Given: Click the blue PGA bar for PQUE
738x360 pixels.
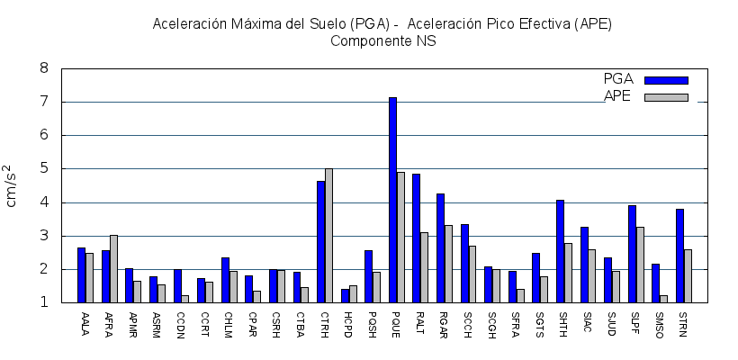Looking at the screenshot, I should click(392, 200).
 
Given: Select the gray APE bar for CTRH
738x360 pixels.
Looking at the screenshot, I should click(328, 236).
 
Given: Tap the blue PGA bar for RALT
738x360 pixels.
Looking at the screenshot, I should click(416, 238).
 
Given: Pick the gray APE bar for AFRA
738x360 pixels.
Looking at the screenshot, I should click(113, 269).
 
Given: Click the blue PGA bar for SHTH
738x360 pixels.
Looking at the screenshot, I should click(560, 251).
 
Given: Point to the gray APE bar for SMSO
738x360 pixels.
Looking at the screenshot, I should click(663, 299).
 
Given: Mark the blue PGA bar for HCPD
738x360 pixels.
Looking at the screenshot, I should click(345, 296).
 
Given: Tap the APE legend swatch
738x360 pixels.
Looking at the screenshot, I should click(666, 96).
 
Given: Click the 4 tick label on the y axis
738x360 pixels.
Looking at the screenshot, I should click(44, 202).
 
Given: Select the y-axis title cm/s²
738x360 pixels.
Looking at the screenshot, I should click(13, 186).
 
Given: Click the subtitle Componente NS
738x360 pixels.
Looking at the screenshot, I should click(382, 40).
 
